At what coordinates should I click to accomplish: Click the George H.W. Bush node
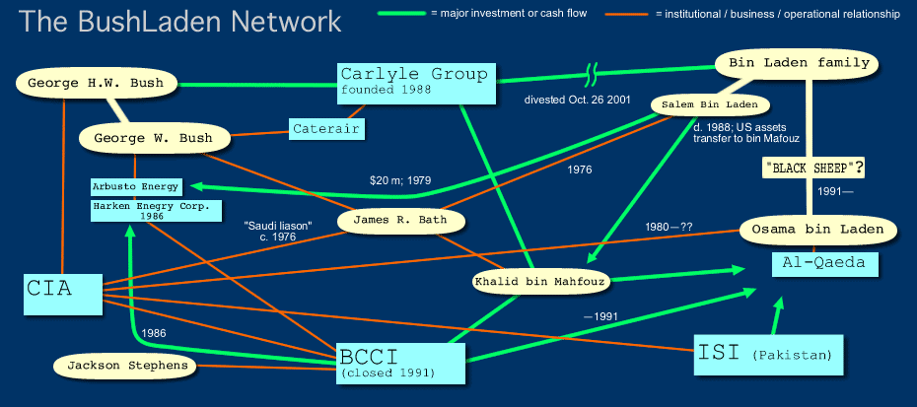click(90, 82)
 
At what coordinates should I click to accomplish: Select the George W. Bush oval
click(153, 138)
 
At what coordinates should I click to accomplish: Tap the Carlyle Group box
click(414, 82)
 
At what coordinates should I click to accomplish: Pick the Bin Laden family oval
click(798, 63)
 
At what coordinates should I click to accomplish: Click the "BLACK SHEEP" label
click(814, 168)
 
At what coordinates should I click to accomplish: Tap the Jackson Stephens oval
click(122, 366)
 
